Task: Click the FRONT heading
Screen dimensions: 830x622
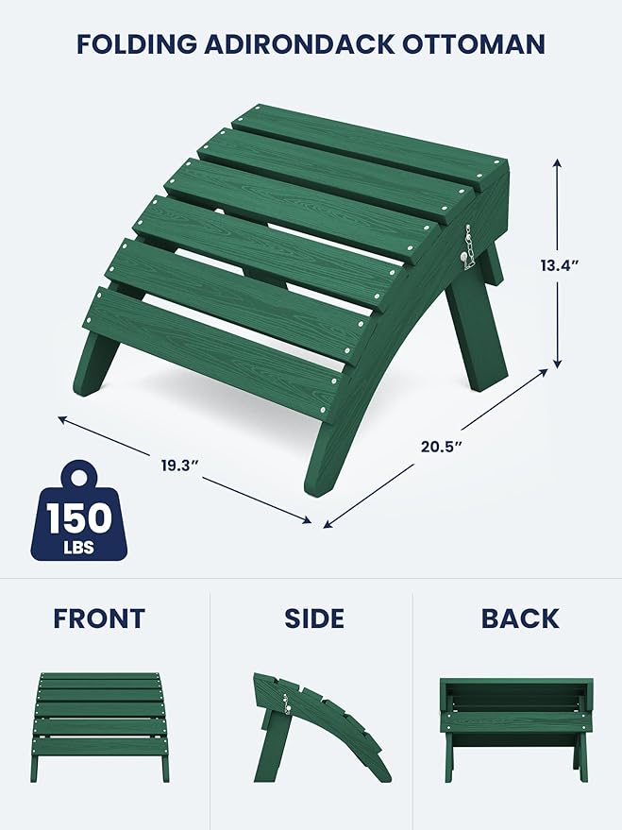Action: (x=99, y=619)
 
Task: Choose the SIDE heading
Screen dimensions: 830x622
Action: (x=314, y=619)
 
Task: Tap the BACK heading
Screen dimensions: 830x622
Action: (x=520, y=619)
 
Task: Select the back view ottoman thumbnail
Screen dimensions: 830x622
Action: (x=516, y=727)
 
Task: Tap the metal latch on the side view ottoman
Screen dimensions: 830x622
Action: (x=283, y=703)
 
